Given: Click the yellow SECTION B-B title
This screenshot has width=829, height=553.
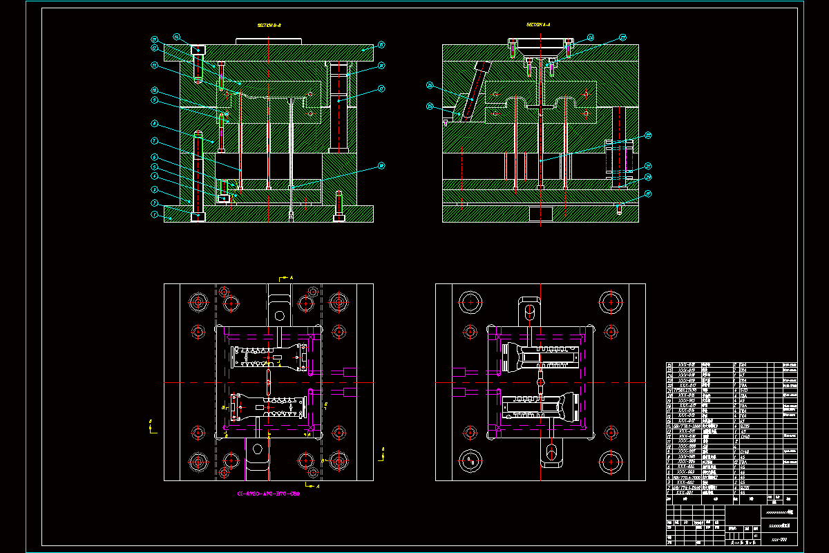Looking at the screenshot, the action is [269, 25].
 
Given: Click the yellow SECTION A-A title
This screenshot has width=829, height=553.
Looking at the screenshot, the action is [538, 25].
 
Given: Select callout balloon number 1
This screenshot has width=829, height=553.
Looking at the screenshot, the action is [155, 214].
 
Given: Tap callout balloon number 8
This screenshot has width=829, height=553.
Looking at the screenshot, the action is [155, 124].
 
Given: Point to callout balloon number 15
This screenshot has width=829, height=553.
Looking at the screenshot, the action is [381, 45].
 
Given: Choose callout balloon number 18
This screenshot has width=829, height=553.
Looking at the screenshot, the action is [381, 166].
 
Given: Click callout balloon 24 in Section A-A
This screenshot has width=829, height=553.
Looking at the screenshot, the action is [591, 38].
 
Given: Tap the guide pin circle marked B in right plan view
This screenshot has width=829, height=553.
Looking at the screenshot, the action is [471, 460].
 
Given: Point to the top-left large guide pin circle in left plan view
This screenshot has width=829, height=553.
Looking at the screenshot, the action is [198, 302].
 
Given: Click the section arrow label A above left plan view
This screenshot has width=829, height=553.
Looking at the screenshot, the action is [292, 277].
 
